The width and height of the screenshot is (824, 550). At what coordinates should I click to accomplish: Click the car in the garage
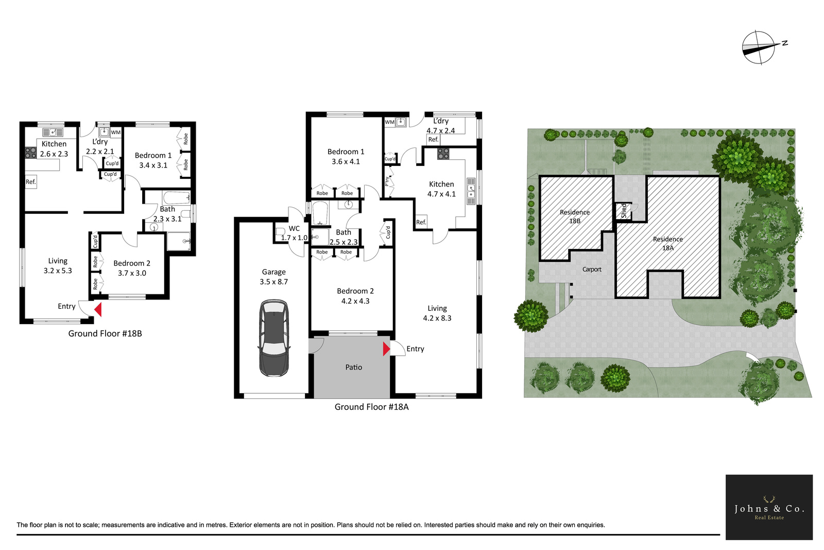coord(274,338)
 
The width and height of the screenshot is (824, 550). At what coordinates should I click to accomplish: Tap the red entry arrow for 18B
coord(98,310)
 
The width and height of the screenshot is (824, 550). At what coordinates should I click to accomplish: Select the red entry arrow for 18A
coord(386,349)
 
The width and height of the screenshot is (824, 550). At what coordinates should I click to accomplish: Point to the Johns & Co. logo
coord(769,507)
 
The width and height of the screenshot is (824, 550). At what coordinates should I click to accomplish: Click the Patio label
coord(353,367)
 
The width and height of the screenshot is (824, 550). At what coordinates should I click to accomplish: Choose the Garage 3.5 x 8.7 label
coord(273,277)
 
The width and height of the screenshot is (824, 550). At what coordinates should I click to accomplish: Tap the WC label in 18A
coord(294,229)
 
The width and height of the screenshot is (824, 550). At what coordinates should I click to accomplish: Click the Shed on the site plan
coord(624,211)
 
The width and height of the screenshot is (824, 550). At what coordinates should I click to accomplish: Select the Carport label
coord(592,270)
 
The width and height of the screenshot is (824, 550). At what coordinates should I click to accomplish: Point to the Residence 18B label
coord(575,216)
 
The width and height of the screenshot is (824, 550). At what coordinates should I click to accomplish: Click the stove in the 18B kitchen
coord(30,153)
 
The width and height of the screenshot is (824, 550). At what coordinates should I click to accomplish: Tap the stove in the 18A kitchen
coord(443,154)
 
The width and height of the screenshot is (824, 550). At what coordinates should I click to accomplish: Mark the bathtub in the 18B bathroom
coord(177,198)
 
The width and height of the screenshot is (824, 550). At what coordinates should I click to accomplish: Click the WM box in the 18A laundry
coord(389,122)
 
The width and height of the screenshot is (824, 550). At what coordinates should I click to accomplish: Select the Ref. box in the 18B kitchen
coord(31,182)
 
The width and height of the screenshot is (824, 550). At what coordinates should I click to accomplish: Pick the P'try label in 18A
coord(387,181)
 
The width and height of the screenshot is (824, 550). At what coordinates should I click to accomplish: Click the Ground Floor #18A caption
coord(371,407)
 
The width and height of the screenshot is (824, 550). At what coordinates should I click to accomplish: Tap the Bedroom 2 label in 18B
coord(132,268)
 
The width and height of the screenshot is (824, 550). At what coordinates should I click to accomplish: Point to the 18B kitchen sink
coord(53,132)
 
